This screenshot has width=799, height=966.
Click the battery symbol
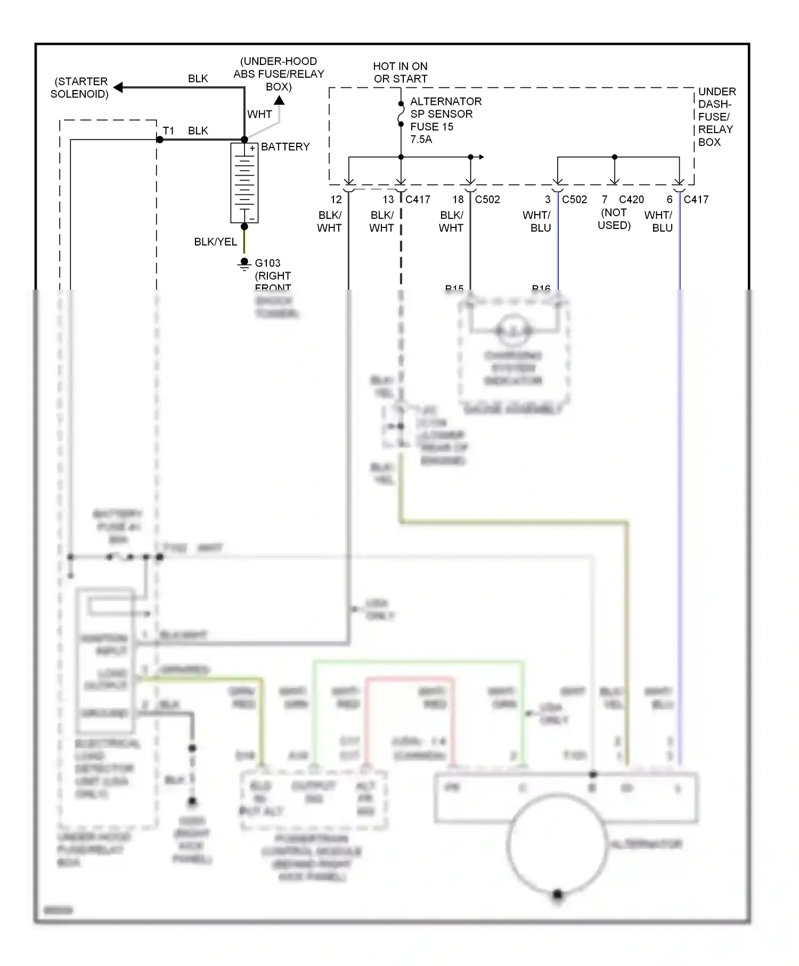(x=244, y=183)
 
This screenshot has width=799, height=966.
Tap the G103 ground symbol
(x=244, y=264)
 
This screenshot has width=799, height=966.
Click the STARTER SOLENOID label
(x=80, y=88)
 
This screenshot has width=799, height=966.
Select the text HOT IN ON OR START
(x=400, y=72)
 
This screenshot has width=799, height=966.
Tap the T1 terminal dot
(x=160, y=140)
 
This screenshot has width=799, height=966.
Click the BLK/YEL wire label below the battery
(x=215, y=242)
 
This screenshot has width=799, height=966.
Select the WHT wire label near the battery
(x=259, y=114)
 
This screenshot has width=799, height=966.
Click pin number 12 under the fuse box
(x=336, y=200)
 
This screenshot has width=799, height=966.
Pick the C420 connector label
(x=631, y=200)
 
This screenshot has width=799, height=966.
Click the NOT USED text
(x=614, y=219)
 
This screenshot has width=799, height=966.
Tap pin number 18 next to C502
(x=458, y=200)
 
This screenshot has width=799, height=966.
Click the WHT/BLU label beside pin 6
(x=658, y=222)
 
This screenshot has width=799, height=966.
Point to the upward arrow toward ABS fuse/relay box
(x=279, y=100)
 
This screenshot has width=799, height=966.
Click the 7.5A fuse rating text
(x=421, y=140)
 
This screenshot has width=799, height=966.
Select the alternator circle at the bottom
(x=557, y=845)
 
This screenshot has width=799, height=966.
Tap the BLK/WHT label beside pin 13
(x=382, y=222)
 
